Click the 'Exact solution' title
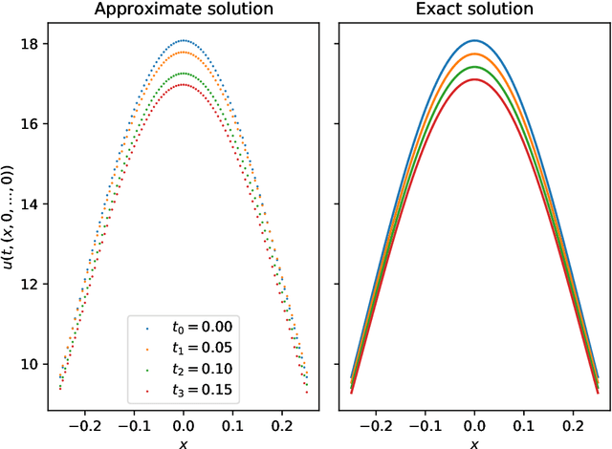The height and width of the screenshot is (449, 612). click(x=474, y=11)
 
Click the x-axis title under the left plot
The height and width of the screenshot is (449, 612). click(x=184, y=441)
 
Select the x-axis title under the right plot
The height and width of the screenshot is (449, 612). click(x=474, y=441)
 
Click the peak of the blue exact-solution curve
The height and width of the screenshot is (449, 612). click(x=474, y=41)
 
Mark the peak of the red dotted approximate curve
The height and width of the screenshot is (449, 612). click(x=184, y=85)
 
